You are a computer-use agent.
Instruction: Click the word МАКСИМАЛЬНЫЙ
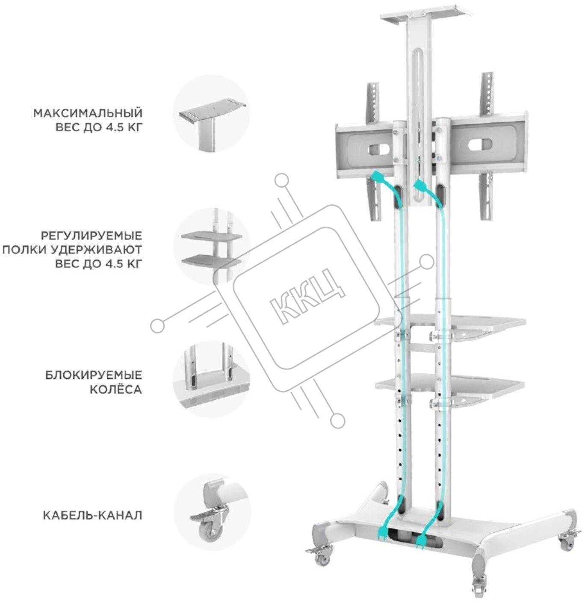tap(88, 113)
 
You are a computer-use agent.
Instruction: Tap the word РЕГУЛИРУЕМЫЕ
tap(92, 236)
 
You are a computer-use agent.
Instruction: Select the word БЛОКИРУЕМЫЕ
tap(94, 375)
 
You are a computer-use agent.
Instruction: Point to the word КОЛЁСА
tap(116, 390)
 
